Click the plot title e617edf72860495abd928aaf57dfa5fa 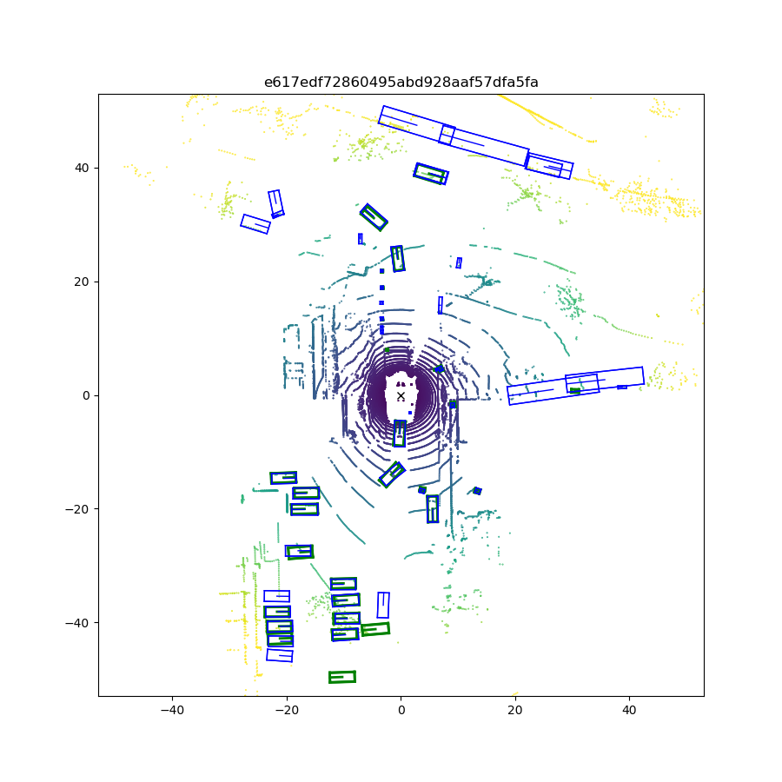(x=401, y=82)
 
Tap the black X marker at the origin (x=401, y=396)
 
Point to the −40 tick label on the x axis (x=172, y=710)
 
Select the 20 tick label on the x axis (x=515, y=710)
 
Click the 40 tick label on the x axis (x=629, y=710)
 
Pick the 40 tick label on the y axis (x=82, y=168)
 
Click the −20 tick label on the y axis (x=77, y=509)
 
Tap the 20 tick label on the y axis (x=82, y=282)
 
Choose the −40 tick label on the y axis (x=77, y=623)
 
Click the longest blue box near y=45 (x=454, y=136)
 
